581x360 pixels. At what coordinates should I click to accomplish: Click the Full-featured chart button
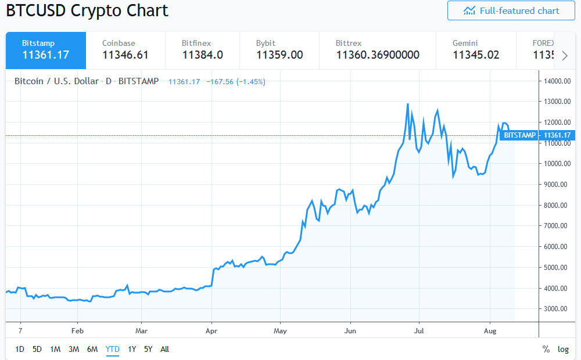511,11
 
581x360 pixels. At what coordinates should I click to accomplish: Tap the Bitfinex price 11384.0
202,55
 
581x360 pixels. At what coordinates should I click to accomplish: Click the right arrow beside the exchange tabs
565,55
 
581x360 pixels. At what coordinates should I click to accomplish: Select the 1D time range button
20,349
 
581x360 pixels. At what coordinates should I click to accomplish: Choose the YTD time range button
112,349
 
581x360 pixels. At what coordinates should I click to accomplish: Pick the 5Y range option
148,349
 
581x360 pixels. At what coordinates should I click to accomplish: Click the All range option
165,349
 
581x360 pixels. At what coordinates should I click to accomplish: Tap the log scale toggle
563,349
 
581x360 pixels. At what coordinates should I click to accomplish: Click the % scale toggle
546,349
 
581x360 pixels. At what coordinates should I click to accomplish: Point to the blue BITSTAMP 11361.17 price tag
536,135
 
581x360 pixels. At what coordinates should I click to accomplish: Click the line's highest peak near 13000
407,104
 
